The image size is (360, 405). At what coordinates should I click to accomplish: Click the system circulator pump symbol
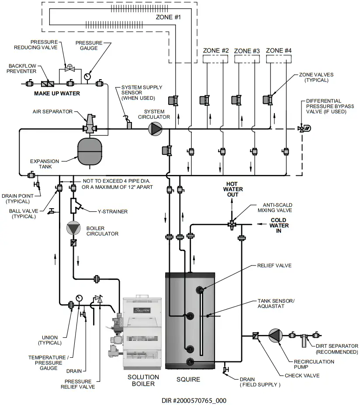[x=154, y=129]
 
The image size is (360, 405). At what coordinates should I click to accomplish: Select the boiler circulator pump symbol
[x=73, y=228]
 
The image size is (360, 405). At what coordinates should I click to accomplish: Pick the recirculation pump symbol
[x=276, y=336]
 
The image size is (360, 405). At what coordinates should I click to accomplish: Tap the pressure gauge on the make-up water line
[x=87, y=76]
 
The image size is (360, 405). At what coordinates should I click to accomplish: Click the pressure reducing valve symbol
[x=69, y=68]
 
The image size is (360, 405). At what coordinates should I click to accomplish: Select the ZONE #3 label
[x=247, y=51]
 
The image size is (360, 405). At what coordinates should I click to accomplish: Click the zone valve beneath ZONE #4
[x=268, y=99]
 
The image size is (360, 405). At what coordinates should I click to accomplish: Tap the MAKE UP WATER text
[x=57, y=94]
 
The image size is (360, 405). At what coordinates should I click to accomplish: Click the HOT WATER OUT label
[x=232, y=189]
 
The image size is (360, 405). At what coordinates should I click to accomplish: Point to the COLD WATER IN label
[x=279, y=225]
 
